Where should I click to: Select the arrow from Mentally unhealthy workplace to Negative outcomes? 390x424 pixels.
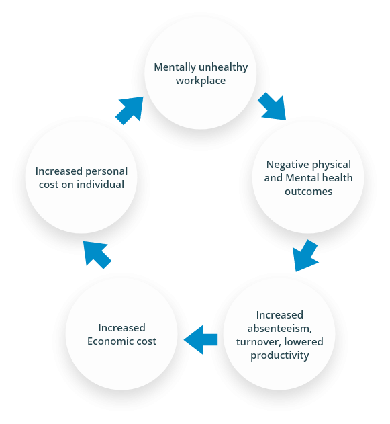(273, 107)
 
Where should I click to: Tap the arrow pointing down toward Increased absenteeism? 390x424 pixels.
(305, 255)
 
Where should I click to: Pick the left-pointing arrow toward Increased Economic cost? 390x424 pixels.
(201, 339)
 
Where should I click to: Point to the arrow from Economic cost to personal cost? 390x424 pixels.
(97, 255)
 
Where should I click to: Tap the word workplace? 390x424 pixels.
(201, 81)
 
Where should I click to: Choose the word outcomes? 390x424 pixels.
(308, 192)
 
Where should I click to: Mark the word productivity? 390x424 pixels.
(280, 355)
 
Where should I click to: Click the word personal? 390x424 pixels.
(107, 172)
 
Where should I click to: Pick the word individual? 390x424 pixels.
(101, 184)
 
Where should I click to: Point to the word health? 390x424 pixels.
(338, 178)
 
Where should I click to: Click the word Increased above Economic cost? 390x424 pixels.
(121, 328)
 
